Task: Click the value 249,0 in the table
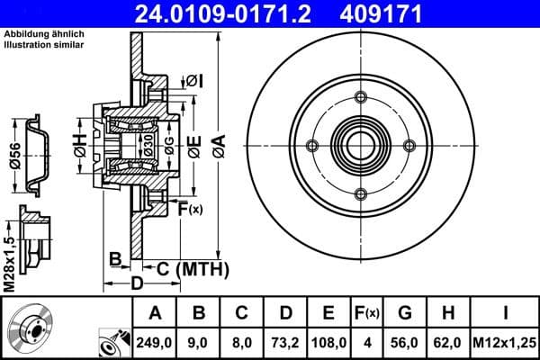click(155, 342)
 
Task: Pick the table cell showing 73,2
click(285, 342)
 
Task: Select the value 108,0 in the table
click(328, 342)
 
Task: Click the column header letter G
click(406, 313)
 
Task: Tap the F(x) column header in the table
click(368, 313)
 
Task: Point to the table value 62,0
click(449, 342)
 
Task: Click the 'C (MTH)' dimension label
click(189, 269)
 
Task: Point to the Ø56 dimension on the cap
click(14, 157)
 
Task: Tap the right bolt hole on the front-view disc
click(409, 146)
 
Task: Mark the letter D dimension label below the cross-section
click(136, 285)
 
